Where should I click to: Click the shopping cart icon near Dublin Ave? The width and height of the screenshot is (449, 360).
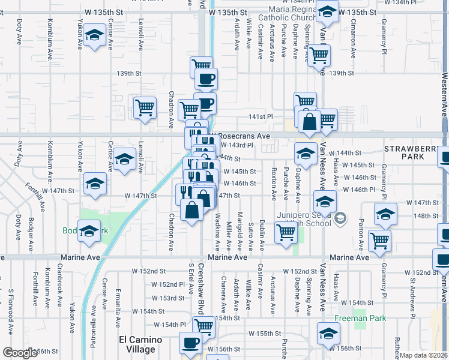coord(286,232)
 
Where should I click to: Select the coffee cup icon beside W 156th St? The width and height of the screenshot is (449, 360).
coord(191,343)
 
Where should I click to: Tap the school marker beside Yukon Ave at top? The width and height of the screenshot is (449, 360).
coord(94,35)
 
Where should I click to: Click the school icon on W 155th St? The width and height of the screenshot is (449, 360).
coord(328,333)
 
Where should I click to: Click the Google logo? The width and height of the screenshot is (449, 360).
coord(20,353)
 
